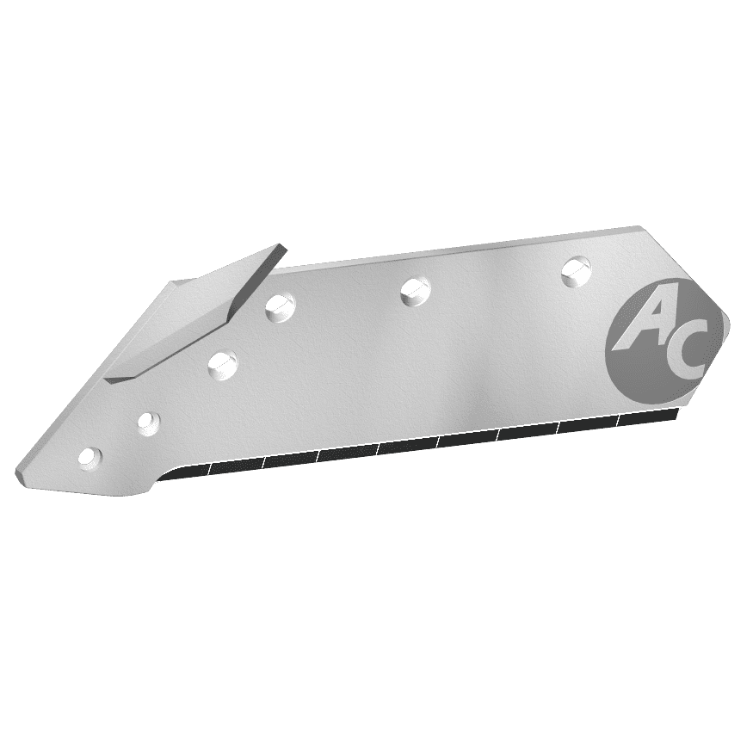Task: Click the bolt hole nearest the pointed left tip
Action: pyautogui.click(x=89, y=458)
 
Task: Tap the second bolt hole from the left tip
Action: pyautogui.click(x=148, y=422)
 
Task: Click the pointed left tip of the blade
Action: pyautogui.click(x=20, y=474)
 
